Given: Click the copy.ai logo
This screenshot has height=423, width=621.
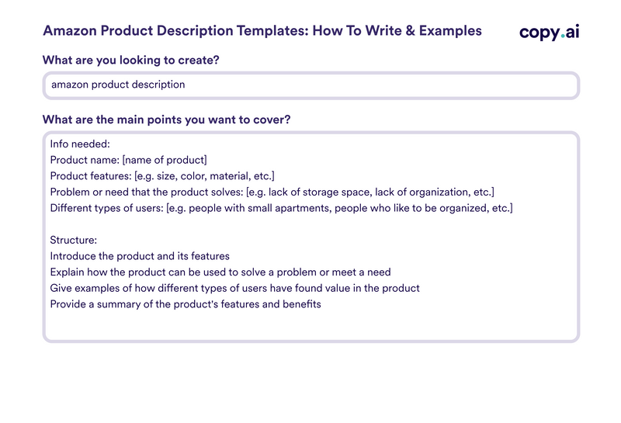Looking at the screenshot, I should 550,32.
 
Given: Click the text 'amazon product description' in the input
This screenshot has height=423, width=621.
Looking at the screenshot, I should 118,85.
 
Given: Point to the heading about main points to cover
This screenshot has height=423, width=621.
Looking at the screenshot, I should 167,120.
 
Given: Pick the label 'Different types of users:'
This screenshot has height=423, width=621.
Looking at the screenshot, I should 106,208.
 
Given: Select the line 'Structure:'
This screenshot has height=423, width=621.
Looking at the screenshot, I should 73,241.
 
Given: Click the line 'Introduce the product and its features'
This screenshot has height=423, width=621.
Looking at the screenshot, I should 140,256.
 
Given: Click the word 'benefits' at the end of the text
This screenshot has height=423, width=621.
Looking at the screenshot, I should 300,304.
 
